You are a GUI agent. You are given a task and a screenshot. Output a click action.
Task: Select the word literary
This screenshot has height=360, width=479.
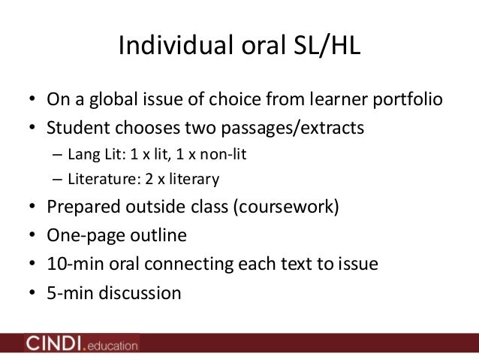tap(191, 179)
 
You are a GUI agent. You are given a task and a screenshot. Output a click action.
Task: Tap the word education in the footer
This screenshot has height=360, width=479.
tap(111, 346)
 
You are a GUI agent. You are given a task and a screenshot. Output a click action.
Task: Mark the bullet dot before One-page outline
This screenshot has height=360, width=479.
tap(32, 236)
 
